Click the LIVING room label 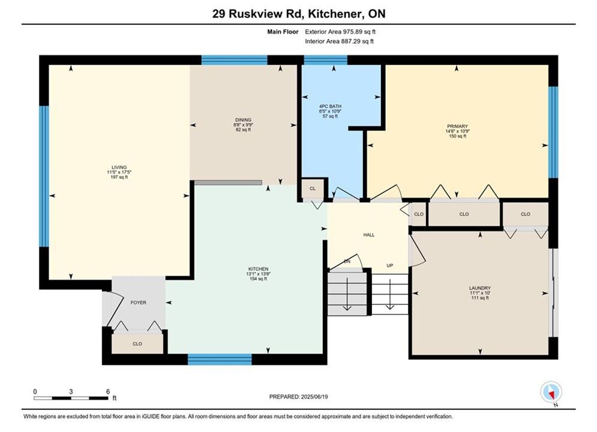coord(119,167)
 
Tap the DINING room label coord(243,120)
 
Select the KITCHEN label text coord(258,269)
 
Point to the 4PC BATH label coord(330,106)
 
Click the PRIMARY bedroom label coord(457,127)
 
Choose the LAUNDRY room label coord(480,288)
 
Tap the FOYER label coord(138,302)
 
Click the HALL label coord(368,235)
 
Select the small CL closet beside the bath coord(313,189)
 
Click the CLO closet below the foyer coord(137,344)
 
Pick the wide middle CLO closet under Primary coord(464,214)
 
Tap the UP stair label coord(390,266)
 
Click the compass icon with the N coord(551,392)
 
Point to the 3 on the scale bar coord(71,391)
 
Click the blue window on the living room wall coord(44,176)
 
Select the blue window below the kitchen coord(220,359)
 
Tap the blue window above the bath coord(326,60)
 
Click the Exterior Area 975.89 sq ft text coord(340,32)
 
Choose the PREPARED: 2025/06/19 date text coord(299,397)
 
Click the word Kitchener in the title coord(335,14)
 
